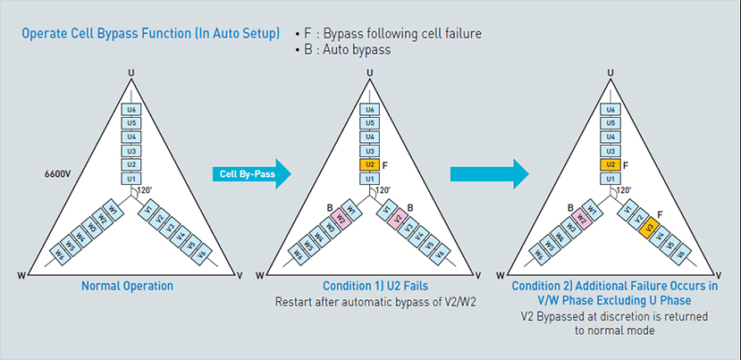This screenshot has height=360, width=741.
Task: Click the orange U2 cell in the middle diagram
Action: click(x=368, y=165)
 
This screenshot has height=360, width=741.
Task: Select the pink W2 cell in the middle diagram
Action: click(x=341, y=217)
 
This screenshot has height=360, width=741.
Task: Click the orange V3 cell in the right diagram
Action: click(x=649, y=227)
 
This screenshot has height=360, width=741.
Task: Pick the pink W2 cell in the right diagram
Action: click(x=579, y=217)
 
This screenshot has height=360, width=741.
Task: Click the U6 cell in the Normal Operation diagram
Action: click(x=131, y=108)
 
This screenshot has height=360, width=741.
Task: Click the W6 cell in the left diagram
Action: click(x=61, y=253)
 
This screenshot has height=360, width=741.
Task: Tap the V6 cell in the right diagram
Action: click(x=680, y=253)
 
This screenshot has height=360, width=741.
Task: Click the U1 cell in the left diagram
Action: click(x=131, y=180)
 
